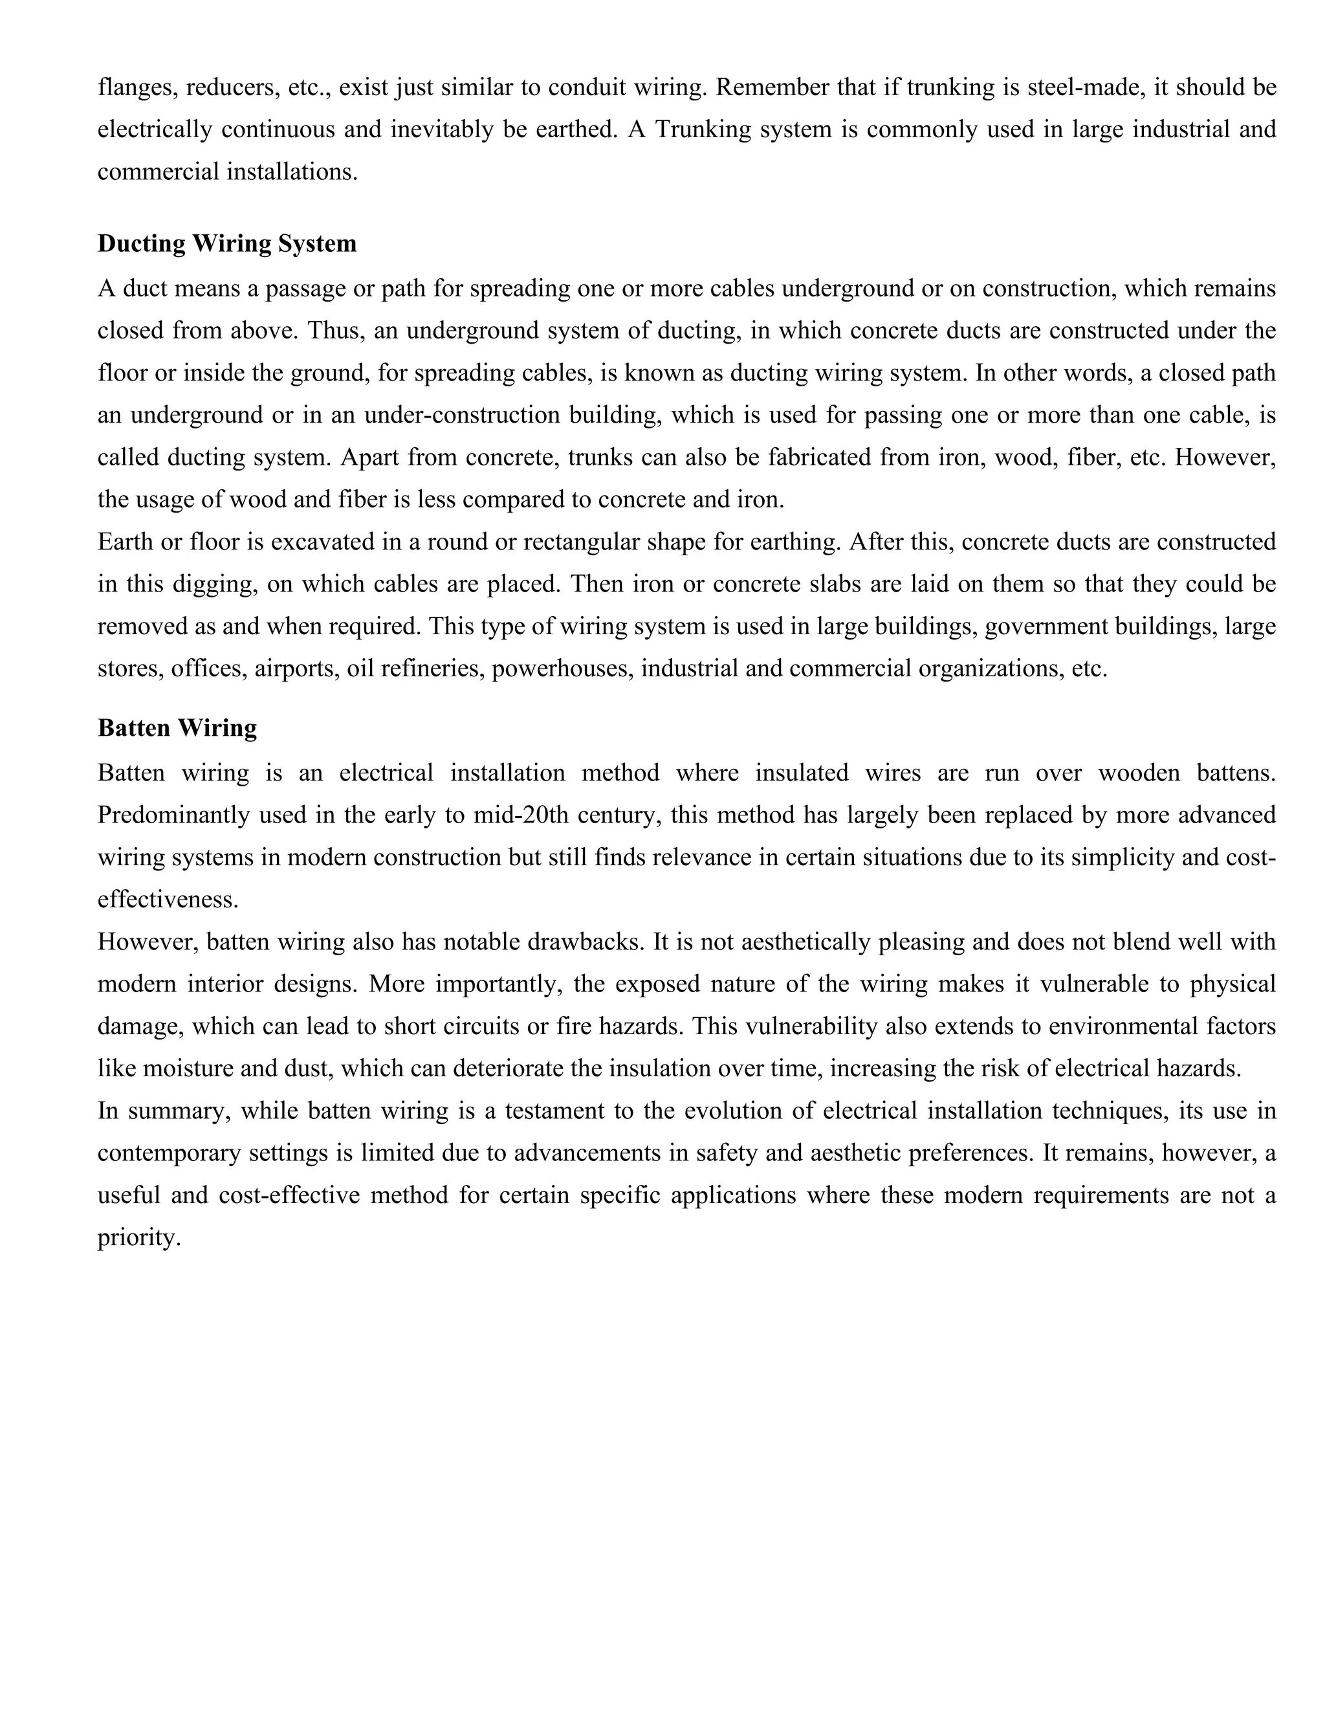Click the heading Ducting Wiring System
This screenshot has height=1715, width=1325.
pyautogui.click(x=227, y=243)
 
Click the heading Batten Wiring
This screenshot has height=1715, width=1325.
pyautogui.click(x=177, y=728)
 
